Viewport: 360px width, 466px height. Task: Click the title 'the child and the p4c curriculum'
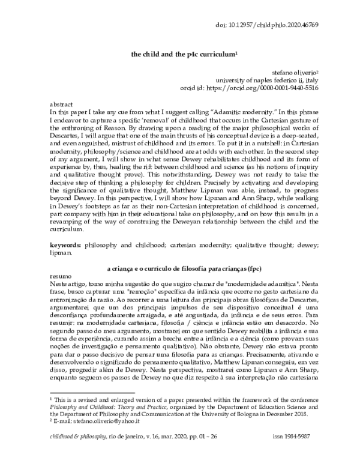(x=185, y=53)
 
